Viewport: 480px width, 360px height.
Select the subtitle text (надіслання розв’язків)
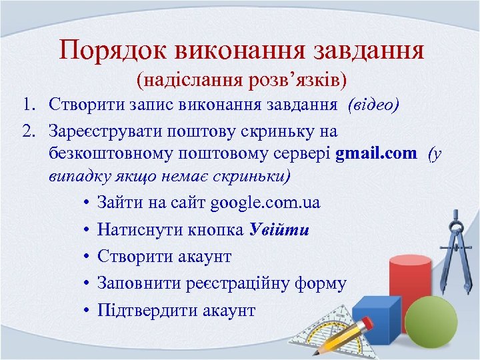[241, 81]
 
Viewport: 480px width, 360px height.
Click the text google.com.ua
[265, 203]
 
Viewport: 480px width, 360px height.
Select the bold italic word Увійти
[279, 230]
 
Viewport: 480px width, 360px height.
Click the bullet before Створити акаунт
[87, 257]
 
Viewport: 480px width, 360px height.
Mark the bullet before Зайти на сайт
[87, 203]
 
